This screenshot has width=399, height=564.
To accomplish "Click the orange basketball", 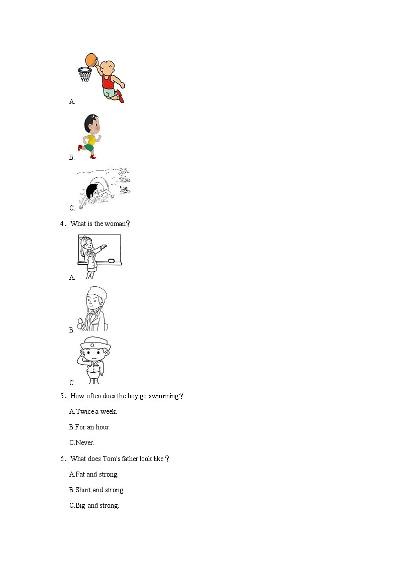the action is click(x=91, y=59).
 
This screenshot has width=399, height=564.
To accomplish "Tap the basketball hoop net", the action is click(x=84, y=75).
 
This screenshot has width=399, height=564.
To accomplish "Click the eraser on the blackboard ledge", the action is click(x=112, y=261).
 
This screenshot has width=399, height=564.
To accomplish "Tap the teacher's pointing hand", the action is click(x=105, y=247).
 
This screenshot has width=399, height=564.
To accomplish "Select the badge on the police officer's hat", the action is click(x=92, y=345).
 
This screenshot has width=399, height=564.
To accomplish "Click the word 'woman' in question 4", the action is click(x=115, y=223).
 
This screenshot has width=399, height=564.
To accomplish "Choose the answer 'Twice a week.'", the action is click(x=93, y=411).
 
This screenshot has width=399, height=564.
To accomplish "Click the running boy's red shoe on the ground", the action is click(x=93, y=157).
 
